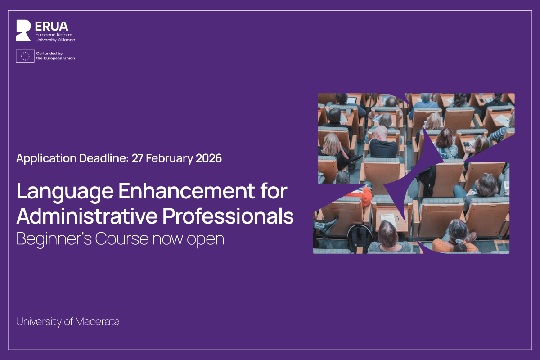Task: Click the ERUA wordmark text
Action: pos(52,26)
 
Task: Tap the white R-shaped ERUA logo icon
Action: pos(23,31)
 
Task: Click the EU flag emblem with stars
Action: pos(25,56)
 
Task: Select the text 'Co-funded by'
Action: pos(49,53)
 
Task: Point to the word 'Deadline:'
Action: pos(104,158)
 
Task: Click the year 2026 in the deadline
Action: pos(209,158)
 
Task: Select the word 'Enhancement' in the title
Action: pos(187,191)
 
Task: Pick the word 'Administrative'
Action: pos(87,216)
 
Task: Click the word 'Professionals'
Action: pos(228,216)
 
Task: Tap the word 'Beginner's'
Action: pos(54,239)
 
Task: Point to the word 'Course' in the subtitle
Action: pos(122,239)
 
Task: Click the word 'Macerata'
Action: pos(97,322)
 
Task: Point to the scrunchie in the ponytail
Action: pos(458,241)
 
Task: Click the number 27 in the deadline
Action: pos(137,158)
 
